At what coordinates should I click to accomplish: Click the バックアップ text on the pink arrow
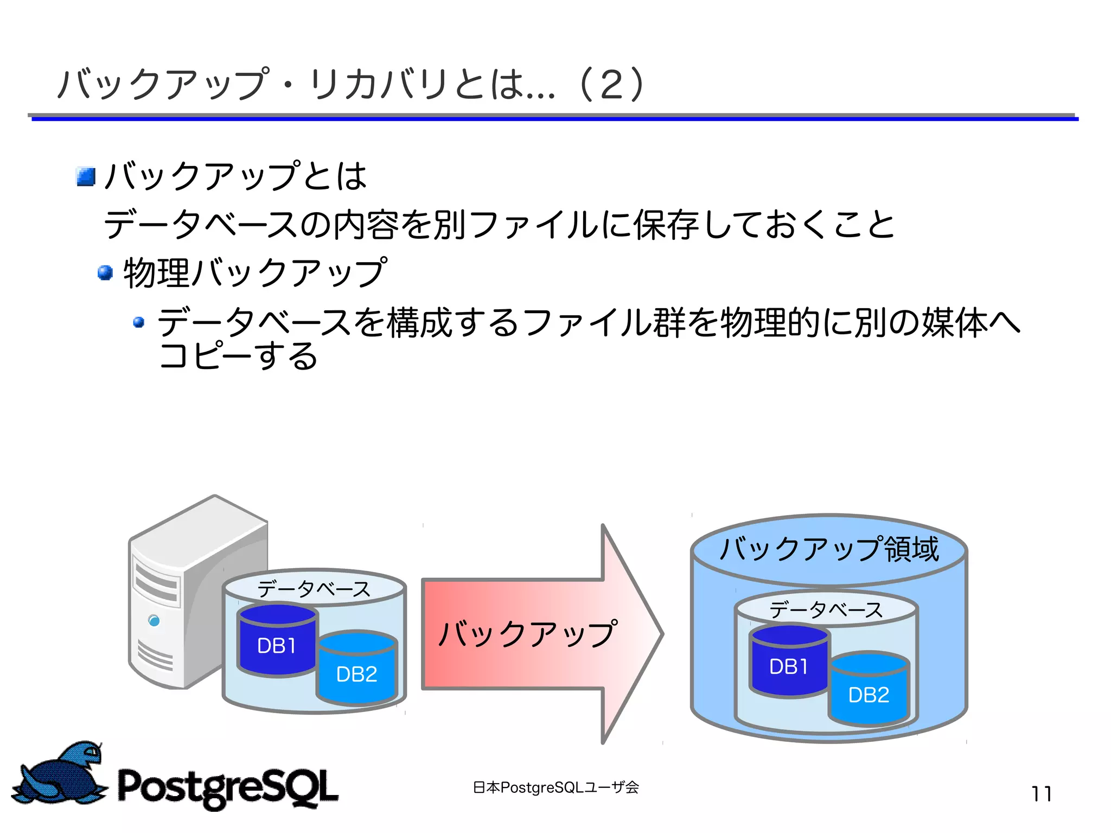click(x=527, y=634)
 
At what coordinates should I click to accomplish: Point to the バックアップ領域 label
click(x=828, y=549)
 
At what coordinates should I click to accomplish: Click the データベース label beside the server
click(x=314, y=589)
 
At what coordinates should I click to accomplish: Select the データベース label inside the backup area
click(x=826, y=610)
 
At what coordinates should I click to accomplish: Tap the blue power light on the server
click(x=154, y=620)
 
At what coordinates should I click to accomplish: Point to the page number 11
click(x=1041, y=794)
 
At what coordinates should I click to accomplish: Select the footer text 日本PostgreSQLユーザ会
click(x=555, y=787)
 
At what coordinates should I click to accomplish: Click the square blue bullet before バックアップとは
click(x=86, y=176)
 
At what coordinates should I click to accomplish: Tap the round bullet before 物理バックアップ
click(x=105, y=272)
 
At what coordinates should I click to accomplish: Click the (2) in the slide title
click(x=611, y=85)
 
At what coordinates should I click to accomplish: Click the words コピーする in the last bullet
click(x=239, y=356)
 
